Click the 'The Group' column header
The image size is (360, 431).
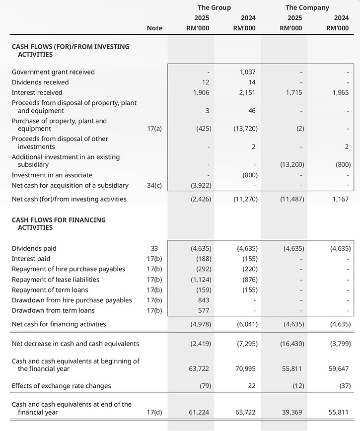click(214, 7)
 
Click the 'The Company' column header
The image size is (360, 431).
click(307, 7)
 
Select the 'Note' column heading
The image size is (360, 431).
click(154, 28)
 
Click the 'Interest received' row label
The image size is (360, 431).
click(37, 92)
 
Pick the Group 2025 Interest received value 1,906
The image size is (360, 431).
click(202, 92)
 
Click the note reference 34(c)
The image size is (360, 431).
click(154, 185)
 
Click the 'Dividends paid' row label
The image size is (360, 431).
click(34, 248)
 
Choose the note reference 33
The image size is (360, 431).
click(154, 248)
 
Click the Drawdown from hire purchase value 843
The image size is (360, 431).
click(204, 300)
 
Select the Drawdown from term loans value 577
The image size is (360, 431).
click(204, 310)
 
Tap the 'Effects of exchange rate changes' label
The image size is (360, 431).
click(62, 386)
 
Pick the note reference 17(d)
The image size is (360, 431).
click(154, 412)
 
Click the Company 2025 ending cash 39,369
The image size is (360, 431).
click(293, 412)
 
